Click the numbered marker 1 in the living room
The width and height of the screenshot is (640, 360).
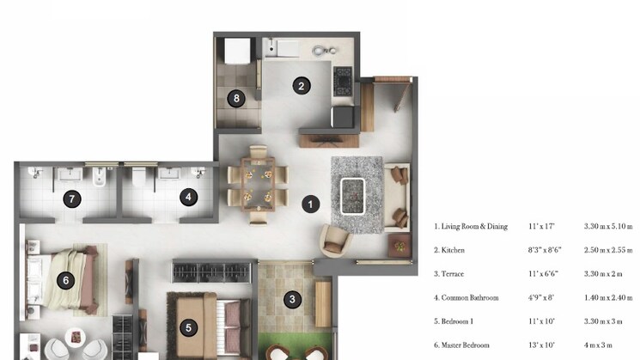pos(309,204)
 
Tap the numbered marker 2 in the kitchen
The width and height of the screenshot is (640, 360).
pos(300,85)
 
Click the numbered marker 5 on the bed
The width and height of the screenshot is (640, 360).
pos(188,326)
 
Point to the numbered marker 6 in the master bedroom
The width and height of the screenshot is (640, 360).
pos(66,280)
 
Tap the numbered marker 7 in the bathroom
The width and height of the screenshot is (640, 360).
pos(73,198)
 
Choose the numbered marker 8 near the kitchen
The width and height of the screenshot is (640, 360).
pos(237,98)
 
